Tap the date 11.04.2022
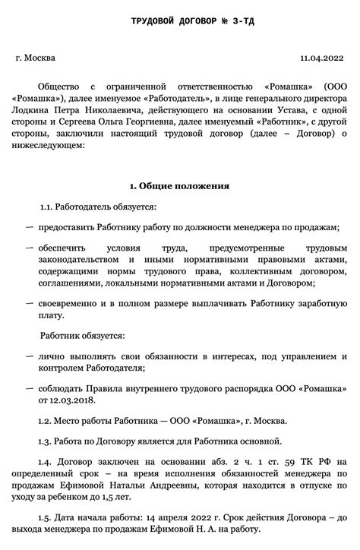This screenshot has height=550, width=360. coord(322,57)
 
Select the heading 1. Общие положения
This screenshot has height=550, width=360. coord(179,185)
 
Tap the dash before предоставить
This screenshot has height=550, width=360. coord(30,227)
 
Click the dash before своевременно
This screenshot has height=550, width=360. coord(30,302)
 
